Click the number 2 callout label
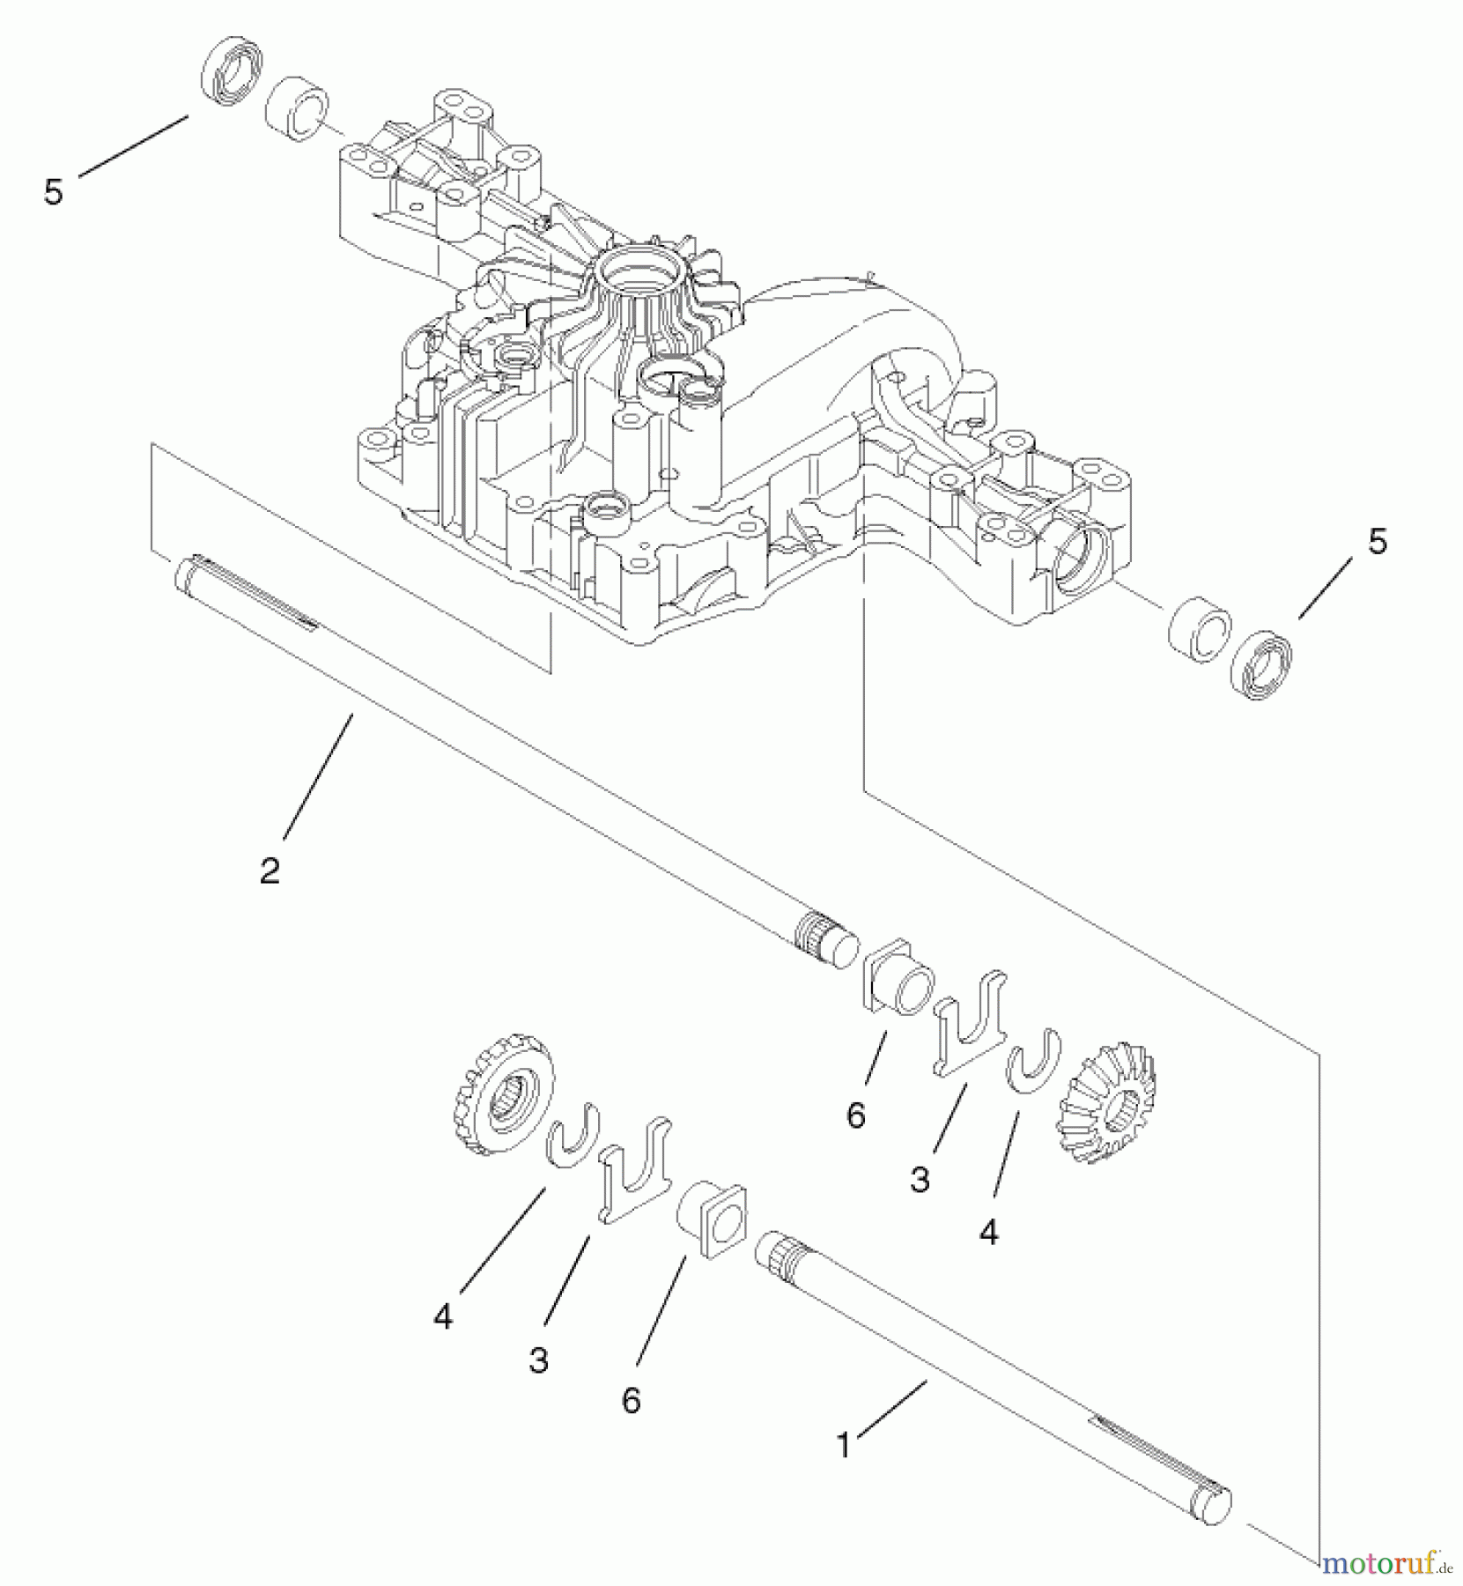point(270,871)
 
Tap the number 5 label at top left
point(54,192)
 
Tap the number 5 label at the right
point(1378,542)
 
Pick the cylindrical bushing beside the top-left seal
point(296,109)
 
